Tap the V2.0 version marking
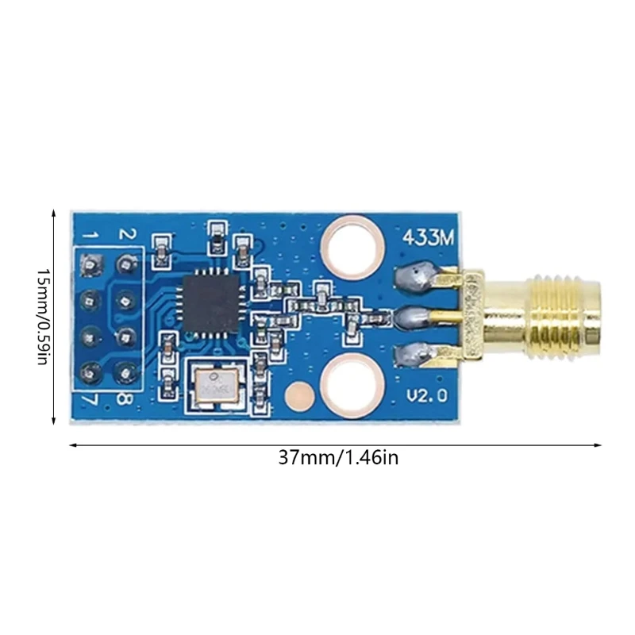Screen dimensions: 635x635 [x=427, y=394]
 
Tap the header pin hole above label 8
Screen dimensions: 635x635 [x=124, y=370]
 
